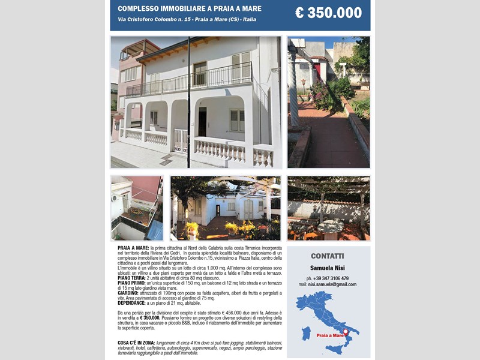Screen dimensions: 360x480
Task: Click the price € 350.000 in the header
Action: (328, 13)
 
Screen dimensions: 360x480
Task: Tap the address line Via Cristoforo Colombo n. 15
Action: (187, 20)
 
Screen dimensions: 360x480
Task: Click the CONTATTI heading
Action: (328, 256)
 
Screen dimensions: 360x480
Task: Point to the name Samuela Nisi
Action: (328, 268)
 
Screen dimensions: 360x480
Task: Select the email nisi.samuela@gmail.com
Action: (328, 284)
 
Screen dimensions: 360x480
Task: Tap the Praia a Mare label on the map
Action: (329, 335)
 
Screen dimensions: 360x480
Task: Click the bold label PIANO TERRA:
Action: (131, 278)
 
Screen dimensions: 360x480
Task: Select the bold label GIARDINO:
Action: (129, 293)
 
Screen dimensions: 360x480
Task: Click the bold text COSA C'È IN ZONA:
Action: (136, 343)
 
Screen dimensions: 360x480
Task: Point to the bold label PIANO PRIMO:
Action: (132, 283)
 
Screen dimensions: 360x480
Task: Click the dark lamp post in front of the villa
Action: (188, 102)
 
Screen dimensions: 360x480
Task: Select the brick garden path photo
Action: (328, 102)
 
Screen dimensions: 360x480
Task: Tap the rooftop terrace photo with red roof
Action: (137, 208)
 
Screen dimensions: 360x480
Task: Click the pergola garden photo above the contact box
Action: (328, 208)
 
